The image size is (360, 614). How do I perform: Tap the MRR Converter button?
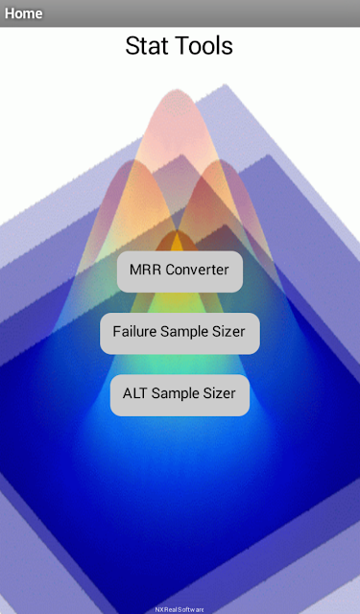pyautogui.click(x=180, y=272)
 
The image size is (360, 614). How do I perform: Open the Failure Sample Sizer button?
pyautogui.click(x=180, y=333)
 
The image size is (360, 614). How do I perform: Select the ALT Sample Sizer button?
pyautogui.click(x=180, y=395)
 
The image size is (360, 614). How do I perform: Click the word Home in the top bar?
pyautogui.click(x=23, y=13)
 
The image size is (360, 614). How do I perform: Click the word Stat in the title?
pyautogui.click(x=142, y=45)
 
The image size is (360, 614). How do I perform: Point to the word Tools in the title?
pyautogui.click(x=199, y=45)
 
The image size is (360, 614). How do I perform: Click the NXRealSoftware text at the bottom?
pyautogui.click(x=180, y=610)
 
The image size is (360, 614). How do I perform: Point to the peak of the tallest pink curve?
pyautogui.click(x=175, y=89)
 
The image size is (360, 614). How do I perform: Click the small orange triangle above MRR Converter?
pyautogui.click(x=178, y=241)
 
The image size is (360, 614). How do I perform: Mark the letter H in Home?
pyautogui.click(x=10, y=13)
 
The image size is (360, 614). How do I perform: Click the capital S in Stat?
pyautogui.click(x=132, y=45)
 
